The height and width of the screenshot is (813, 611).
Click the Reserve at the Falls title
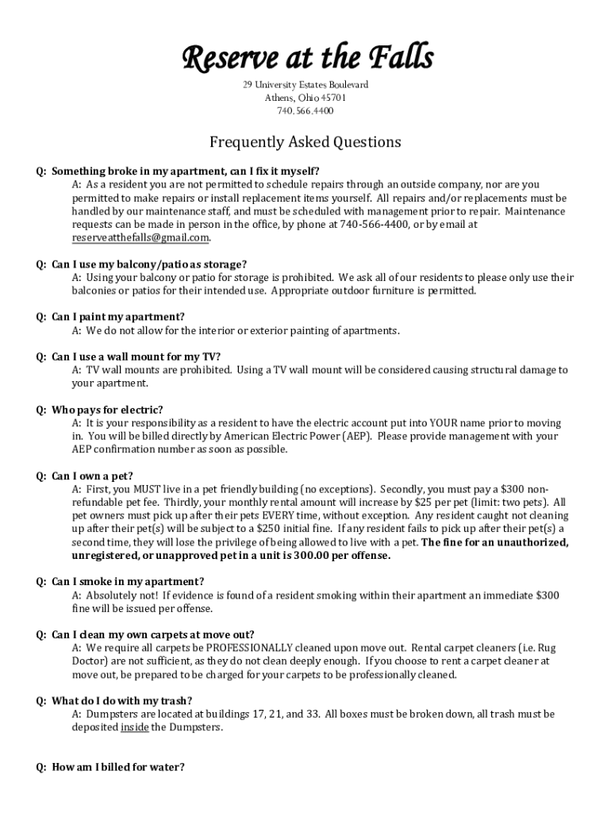point(305,58)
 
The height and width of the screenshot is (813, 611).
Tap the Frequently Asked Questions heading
point(305,142)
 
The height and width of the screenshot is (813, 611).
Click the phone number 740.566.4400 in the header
point(305,111)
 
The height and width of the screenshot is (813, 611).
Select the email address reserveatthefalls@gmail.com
point(140,237)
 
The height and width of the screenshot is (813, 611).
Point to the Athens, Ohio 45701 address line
point(305,98)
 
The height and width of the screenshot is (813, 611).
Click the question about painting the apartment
point(118,317)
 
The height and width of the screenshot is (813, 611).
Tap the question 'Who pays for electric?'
point(107,410)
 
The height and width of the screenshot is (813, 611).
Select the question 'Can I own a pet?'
point(92,476)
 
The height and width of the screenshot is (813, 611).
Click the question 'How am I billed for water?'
point(118,767)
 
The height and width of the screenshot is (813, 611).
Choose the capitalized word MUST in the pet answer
point(150,489)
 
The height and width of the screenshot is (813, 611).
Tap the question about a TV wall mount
point(136,356)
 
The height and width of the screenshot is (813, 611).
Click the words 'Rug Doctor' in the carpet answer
point(548,648)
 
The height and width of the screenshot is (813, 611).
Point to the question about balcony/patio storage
point(149,264)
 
